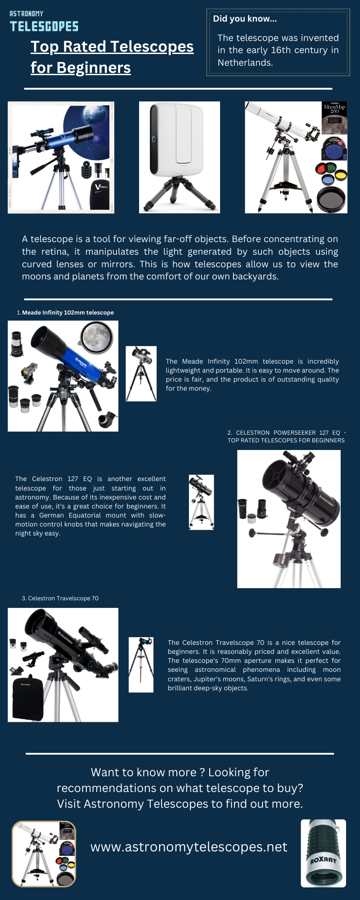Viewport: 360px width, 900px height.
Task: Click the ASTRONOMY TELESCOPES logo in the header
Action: pyautogui.click(x=44, y=22)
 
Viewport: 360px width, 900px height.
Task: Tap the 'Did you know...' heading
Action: pyautogui.click(x=245, y=18)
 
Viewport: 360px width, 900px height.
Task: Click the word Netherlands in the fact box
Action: pyautogui.click(x=245, y=63)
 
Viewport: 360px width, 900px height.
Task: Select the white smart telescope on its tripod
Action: pyautogui.click(x=179, y=155)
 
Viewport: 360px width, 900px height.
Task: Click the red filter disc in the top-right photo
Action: pyautogui.click(x=321, y=169)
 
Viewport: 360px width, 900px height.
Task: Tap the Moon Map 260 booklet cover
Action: pyautogui.click(x=334, y=117)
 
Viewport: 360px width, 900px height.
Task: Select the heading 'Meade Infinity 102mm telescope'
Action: pyautogui.click(x=68, y=312)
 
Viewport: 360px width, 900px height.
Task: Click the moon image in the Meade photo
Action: pyautogui.click(x=96, y=336)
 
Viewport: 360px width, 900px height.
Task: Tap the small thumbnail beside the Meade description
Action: pyautogui.click(x=141, y=373)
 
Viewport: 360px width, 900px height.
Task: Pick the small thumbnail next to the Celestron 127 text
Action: pyautogui.click(x=201, y=502)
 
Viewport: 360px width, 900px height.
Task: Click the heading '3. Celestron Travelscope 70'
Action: pyautogui.click(x=60, y=598)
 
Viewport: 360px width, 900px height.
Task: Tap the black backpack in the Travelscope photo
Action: pyautogui.click(x=28, y=698)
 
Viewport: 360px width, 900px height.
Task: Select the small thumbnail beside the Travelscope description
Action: pyautogui.click(x=141, y=665)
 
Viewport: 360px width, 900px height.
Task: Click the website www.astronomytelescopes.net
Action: pyautogui.click(x=189, y=847)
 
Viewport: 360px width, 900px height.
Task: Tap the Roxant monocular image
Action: pyautogui.click(x=323, y=853)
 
